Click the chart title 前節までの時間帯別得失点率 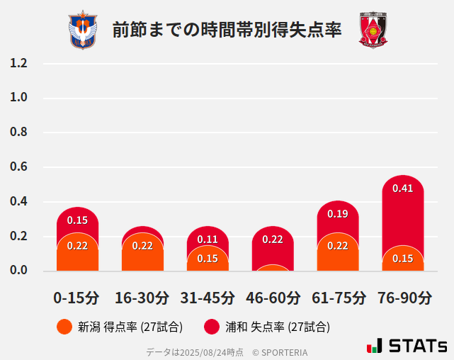227,30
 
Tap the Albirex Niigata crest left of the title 83,30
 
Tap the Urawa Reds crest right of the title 373,30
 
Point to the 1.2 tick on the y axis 19,63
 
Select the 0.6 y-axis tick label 19,167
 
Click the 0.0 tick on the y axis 19,270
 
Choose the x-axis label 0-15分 76,298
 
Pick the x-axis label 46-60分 273,298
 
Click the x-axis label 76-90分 404,298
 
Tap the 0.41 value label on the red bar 402,189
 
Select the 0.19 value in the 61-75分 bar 338,214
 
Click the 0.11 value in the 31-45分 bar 208,240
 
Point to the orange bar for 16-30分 142,252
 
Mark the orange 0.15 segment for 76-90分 402,259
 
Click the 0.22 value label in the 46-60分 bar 273,240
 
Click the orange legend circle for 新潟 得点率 64,327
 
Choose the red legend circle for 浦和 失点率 212,327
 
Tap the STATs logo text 418,347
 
